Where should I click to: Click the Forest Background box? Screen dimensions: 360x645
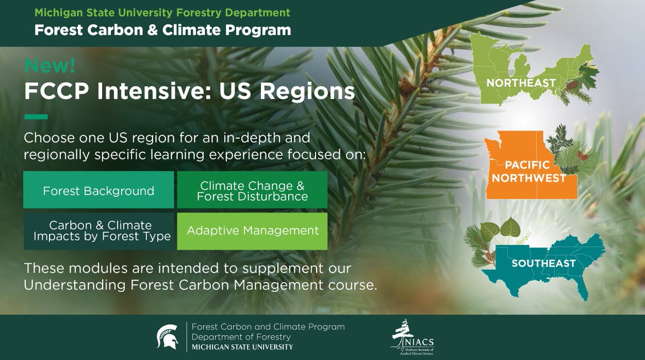[98, 190]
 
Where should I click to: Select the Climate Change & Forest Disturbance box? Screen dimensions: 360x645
[252, 190]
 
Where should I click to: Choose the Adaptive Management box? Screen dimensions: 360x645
[252, 231]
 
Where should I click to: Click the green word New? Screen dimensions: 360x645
[49, 66]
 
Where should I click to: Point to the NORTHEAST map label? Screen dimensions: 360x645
[520, 83]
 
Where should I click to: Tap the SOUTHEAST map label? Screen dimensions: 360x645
[543, 263]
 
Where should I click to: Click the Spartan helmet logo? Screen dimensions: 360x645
[167, 337]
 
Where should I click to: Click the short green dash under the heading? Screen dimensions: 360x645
[36, 117]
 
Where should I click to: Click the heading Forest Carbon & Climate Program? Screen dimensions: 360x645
[162, 30]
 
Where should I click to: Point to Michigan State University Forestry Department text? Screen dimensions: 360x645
[162, 12]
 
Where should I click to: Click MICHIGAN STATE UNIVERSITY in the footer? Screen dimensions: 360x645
[242, 347]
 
